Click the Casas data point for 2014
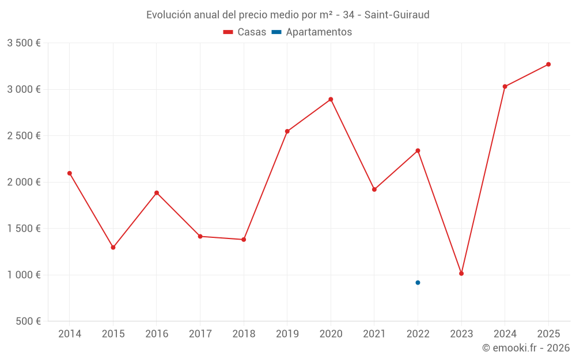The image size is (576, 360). (x=70, y=173)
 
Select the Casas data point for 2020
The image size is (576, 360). (x=331, y=99)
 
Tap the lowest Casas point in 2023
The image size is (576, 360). (x=461, y=274)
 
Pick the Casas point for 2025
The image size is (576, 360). (x=548, y=65)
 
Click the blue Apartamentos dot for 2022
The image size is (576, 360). (x=418, y=283)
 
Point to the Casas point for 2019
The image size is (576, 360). (x=287, y=131)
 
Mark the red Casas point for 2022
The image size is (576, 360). (x=418, y=151)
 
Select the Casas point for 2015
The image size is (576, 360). (x=113, y=248)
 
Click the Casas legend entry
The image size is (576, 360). (x=245, y=32)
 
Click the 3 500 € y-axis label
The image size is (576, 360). (x=24, y=43)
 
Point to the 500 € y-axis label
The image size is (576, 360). (x=28, y=321)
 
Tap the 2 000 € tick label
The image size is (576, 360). (x=24, y=182)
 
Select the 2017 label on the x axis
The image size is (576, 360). (x=200, y=334)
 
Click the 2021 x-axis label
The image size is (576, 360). (x=374, y=334)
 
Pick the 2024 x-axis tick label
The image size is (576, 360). (x=505, y=334)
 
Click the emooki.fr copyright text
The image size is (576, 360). (x=526, y=348)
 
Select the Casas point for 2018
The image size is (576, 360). (x=244, y=240)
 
